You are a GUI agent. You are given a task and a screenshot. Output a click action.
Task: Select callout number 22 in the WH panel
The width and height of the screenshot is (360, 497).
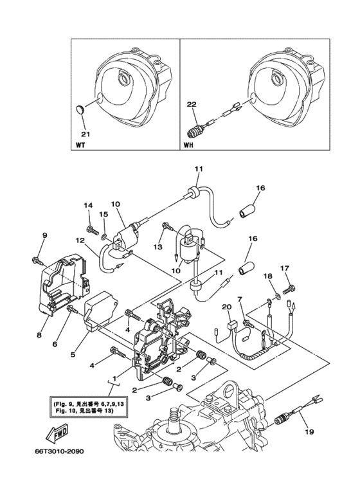(191, 102)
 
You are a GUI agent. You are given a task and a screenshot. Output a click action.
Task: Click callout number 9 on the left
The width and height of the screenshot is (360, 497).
(44, 236)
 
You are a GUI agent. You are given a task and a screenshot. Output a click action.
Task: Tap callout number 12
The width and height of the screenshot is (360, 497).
(80, 240)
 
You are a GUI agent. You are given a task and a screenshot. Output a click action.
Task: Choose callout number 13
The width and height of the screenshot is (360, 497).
(156, 246)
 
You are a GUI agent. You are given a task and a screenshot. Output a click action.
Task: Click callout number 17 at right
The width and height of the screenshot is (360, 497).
(285, 268)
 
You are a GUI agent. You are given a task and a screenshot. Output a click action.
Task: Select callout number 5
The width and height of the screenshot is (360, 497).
(73, 354)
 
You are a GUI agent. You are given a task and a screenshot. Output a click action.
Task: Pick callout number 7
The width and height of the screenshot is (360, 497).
(240, 300)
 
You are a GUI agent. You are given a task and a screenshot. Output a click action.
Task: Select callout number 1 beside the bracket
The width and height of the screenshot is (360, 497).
(115, 379)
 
